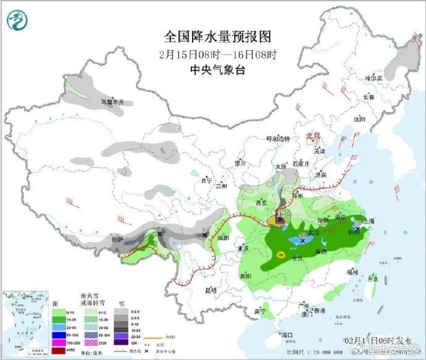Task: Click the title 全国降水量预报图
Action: (x=218, y=37)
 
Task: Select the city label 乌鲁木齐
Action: (x=112, y=103)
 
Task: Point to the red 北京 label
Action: (x=313, y=136)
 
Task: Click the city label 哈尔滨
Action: (x=374, y=78)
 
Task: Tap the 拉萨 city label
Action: (x=117, y=240)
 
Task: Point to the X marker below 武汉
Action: (x=303, y=241)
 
